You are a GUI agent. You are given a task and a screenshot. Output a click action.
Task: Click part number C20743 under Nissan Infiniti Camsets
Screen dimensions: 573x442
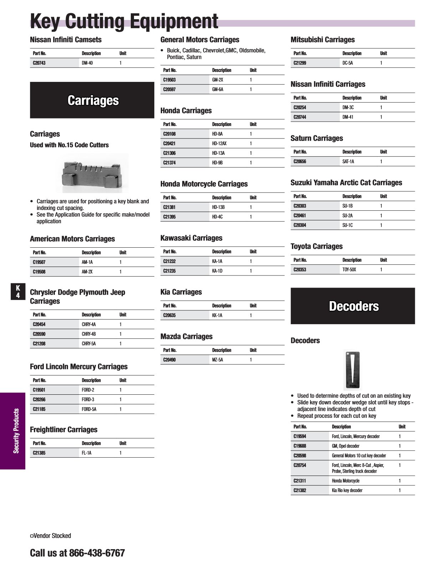(39, 63)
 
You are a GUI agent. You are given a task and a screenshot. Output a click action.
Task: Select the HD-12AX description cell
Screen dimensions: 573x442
(219, 143)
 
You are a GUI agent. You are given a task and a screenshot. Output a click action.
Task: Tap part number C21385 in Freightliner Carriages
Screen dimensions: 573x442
(39, 453)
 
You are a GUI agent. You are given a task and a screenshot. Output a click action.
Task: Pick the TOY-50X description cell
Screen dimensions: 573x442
(349, 270)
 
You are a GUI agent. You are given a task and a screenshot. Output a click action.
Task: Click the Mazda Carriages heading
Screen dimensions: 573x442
(186, 337)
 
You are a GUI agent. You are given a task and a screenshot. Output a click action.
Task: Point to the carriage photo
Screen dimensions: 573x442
(92, 173)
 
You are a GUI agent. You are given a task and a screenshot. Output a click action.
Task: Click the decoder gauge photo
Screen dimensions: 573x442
(353, 370)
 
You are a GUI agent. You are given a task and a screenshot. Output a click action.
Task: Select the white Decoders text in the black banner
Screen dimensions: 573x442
(354, 306)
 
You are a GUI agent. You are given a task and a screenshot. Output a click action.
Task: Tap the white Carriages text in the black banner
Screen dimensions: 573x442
(93, 100)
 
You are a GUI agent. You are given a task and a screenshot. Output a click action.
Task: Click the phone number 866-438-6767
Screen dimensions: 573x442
(97, 553)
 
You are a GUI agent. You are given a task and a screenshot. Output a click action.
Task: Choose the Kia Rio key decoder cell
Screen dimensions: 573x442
(347, 490)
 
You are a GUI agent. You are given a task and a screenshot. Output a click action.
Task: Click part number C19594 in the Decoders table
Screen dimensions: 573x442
(300, 436)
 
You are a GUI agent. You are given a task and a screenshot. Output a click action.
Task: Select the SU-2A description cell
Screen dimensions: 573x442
(348, 216)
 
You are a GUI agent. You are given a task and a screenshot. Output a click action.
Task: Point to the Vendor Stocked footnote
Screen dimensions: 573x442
(51, 536)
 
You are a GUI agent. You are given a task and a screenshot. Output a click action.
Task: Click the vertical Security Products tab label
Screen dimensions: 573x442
(16, 431)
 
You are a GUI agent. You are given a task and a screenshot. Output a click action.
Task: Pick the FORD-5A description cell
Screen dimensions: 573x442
(89, 409)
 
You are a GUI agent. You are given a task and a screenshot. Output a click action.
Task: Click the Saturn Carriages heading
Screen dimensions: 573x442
(317, 138)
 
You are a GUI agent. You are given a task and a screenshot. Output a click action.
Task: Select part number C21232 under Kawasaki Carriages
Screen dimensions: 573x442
(169, 261)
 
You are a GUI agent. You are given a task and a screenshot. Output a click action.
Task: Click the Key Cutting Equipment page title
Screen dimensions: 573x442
(124, 21)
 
